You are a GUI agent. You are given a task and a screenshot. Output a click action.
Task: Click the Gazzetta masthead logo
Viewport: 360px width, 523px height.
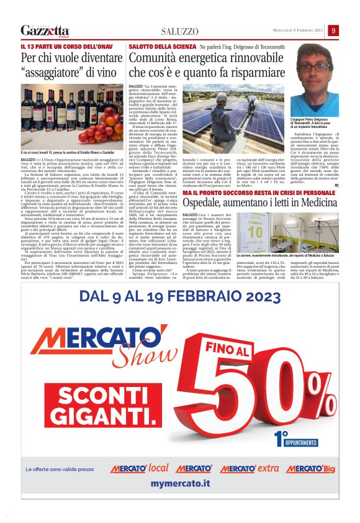click(45, 30)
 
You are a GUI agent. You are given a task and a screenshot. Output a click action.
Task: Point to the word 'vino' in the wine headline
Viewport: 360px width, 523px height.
click(103, 71)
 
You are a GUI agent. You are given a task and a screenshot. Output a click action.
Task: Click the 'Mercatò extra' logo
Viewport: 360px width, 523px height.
click(250, 468)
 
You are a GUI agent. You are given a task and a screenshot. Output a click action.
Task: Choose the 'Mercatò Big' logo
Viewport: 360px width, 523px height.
click(311, 468)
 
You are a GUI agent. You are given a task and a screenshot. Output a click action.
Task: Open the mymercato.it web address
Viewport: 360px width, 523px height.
click(181, 483)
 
